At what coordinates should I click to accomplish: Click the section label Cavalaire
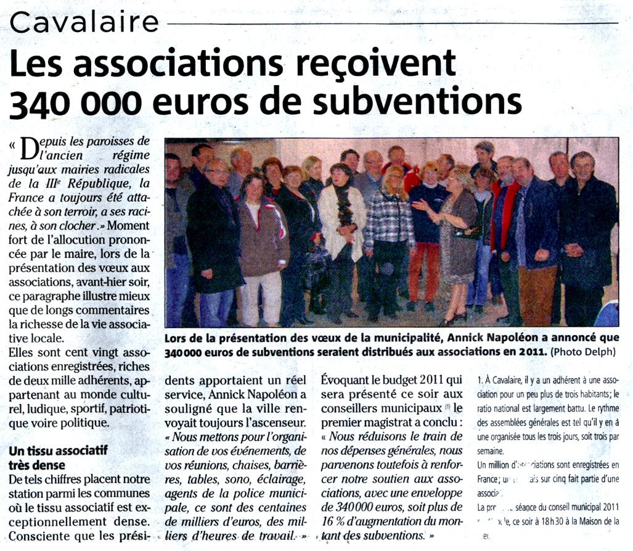coord(84,23)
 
